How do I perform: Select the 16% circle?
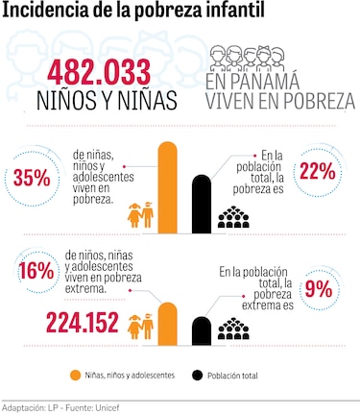pos(36,271)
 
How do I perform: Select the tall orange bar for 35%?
pos(168,186)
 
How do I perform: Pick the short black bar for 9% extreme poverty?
pos(202,330)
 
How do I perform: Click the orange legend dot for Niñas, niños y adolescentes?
pos(75,375)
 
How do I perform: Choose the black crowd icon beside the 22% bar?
pos(233,217)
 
